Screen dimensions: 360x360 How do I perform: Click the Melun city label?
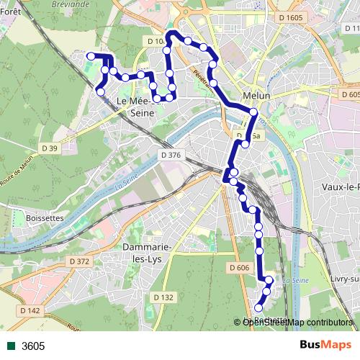click(257, 96)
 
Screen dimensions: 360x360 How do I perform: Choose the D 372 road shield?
click(80, 261)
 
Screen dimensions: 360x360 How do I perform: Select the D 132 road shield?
click(164, 297)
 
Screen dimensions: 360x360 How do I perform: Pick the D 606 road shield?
click(240, 268)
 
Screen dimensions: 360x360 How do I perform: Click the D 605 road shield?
click(349, 94)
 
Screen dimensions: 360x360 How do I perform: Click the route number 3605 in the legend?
click(33, 346)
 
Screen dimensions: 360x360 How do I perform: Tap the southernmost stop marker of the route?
click(258, 308)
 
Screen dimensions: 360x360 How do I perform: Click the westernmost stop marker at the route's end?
click(91, 55)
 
